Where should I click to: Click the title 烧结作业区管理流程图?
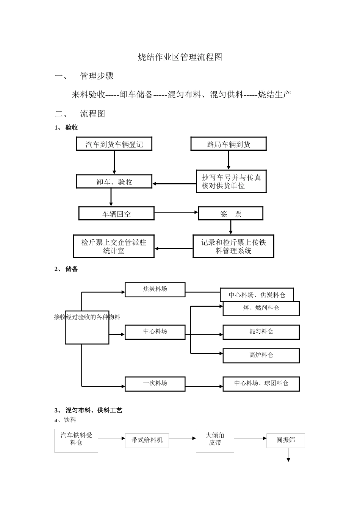point(180,57)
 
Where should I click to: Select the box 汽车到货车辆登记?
point(114,144)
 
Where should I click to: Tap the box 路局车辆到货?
point(228,144)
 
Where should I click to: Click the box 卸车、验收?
point(114,182)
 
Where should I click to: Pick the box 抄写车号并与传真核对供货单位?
point(231,182)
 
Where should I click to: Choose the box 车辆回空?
point(116,214)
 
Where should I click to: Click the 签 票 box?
point(230,214)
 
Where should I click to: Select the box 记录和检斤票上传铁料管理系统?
point(233,247)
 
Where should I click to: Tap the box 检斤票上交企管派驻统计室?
point(114,247)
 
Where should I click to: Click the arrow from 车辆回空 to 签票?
point(176,212)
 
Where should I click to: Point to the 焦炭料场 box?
point(155,289)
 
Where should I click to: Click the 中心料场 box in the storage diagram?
point(155,332)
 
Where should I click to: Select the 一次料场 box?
point(155,384)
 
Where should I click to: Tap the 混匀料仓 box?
point(261,332)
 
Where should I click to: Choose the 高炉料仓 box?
point(261,356)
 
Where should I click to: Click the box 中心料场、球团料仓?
point(261,384)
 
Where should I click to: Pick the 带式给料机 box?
point(147,440)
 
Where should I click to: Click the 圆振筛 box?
point(285,440)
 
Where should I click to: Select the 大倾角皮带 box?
point(215,440)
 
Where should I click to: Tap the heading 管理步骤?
point(97,76)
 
